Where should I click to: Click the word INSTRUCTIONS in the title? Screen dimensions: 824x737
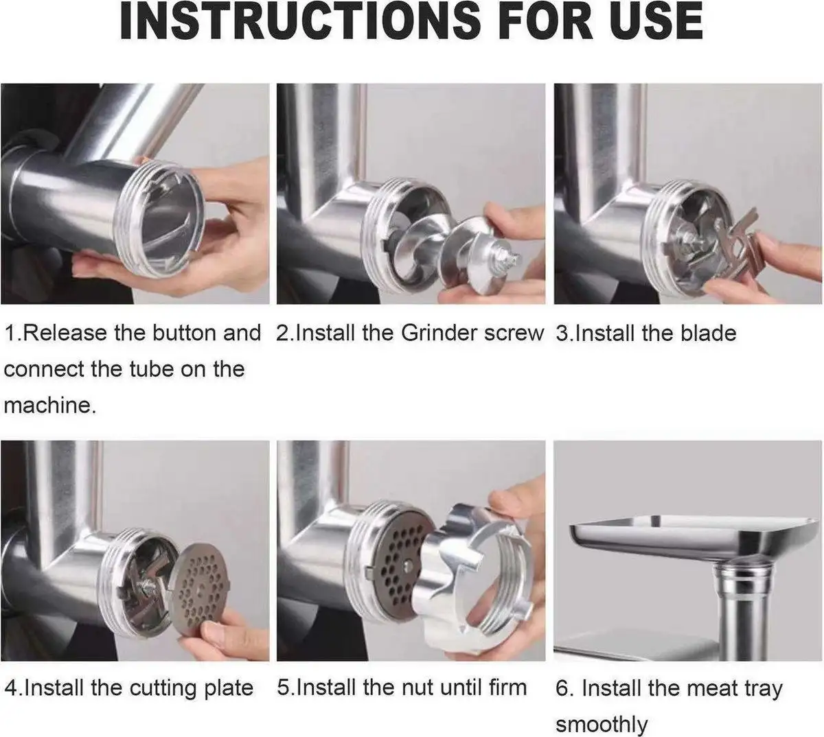coord(300,21)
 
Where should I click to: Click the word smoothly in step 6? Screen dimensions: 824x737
coord(602,725)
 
